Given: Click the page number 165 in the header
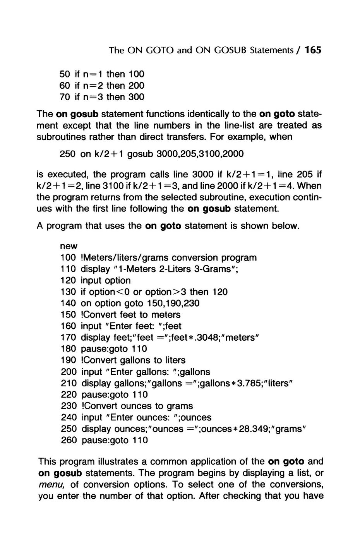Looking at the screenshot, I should (x=313, y=50).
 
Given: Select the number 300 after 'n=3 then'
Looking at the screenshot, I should (x=136, y=97).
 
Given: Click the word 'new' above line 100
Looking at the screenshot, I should (x=69, y=246).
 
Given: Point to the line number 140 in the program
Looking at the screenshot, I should (x=69, y=303).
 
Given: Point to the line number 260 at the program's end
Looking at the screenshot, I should (x=69, y=440).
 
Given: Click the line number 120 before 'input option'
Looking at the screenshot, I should (x=69, y=280).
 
